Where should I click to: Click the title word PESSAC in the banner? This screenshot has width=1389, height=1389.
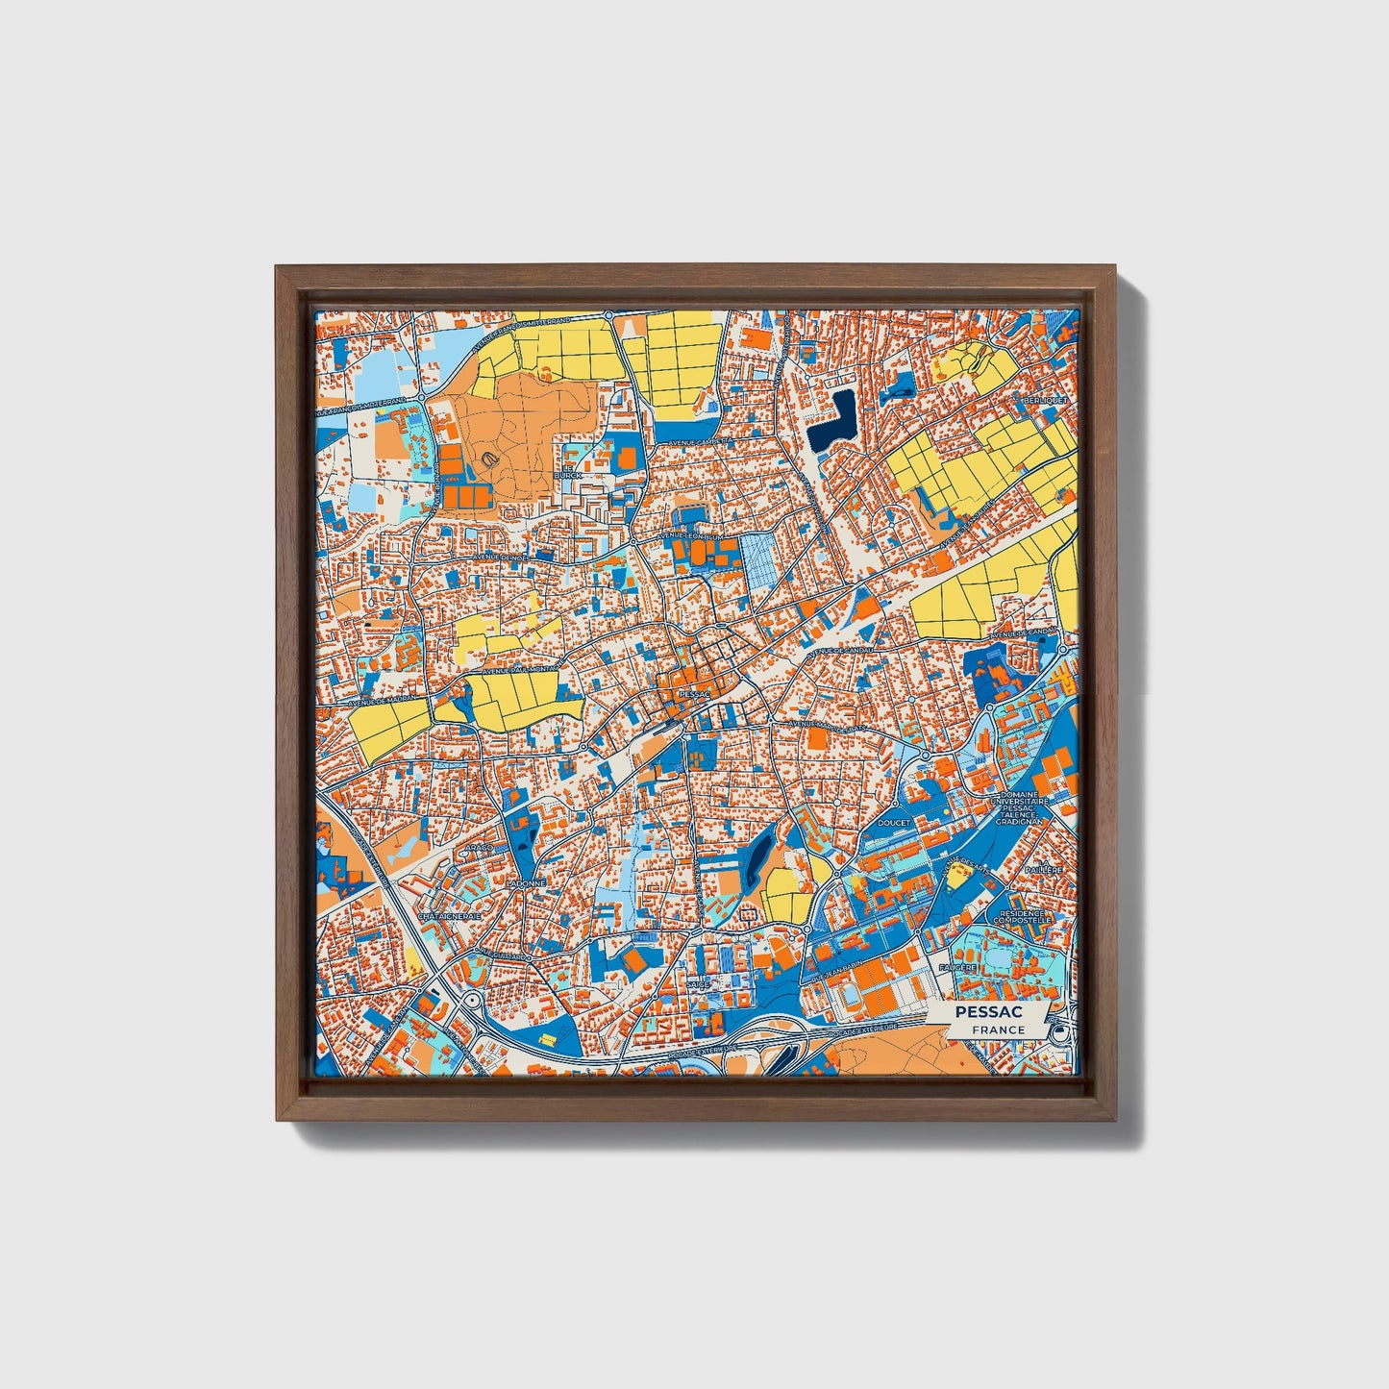[989, 1012]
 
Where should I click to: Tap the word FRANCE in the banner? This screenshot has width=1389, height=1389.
[998, 1029]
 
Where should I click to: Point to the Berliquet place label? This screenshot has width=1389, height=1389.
[1045, 400]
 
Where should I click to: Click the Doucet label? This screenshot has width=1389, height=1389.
[894, 824]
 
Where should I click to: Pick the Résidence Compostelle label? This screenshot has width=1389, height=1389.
[1025, 917]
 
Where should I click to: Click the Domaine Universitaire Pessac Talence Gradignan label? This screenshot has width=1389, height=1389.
[1024, 804]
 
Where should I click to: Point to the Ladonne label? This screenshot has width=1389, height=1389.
[527, 882]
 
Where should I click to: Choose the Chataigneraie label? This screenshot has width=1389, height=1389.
[450, 916]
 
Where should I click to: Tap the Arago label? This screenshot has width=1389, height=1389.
[481, 849]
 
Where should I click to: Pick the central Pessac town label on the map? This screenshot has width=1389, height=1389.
[692, 692]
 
